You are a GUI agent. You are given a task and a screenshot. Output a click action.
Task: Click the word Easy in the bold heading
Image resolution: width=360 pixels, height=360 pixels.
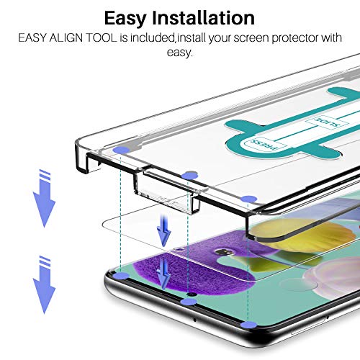tap(125, 19)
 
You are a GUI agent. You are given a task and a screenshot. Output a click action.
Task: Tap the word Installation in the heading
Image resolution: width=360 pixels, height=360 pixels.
tap(204, 18)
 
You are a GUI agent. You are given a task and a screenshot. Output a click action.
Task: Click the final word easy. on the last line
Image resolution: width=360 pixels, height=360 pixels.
tap(180, 53)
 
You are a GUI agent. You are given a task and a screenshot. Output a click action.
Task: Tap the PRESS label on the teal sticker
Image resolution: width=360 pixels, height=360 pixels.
tap(265, 145)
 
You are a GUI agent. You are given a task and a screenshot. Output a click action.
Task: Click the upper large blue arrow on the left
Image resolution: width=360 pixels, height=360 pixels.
tap(44, 199)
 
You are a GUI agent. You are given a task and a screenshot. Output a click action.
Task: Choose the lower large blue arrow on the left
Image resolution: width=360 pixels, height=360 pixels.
tap(44, 285)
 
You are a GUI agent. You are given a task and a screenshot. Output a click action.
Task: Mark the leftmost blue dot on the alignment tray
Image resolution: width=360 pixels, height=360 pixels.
tap(121, 150)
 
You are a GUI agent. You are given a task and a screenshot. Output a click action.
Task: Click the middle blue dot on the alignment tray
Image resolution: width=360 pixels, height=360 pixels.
tap(189, 176)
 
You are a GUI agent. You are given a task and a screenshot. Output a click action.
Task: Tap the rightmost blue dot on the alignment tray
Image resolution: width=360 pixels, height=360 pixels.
tap(249, 199)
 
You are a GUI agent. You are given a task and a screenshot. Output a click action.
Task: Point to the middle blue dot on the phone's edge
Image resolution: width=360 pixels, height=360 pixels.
tap(189, 302)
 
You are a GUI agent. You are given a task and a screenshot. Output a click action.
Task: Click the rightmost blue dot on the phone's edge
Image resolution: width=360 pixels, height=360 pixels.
tap(248, 325)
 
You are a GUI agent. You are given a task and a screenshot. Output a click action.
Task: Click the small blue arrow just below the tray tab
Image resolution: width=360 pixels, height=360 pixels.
tap(164, 231)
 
